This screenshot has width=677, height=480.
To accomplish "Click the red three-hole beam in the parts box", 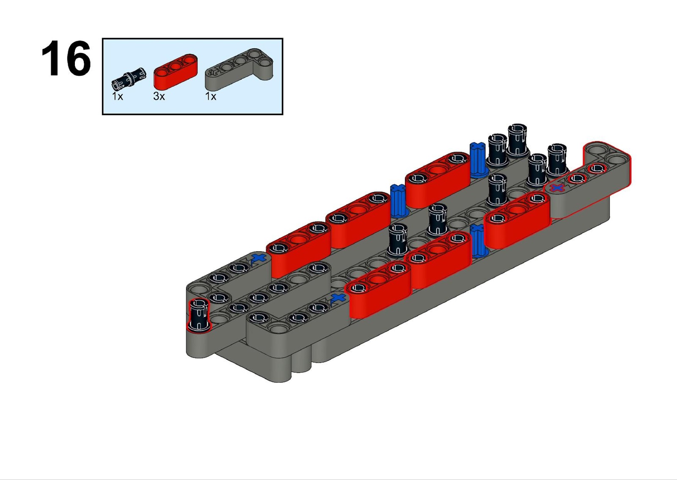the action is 176,72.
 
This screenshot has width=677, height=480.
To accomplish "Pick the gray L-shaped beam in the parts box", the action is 239,70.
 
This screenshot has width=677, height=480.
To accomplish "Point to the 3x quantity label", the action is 159,97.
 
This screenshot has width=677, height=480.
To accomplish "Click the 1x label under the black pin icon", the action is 118,97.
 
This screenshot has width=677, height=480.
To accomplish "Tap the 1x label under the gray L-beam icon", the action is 211,97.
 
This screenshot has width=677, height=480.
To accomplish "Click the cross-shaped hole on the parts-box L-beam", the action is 214,72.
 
